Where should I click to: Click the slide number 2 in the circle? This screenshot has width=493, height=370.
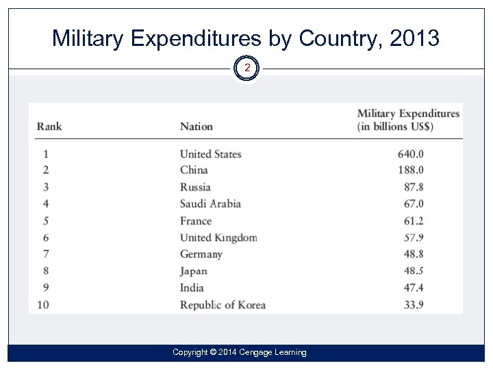click(x=247, y=69)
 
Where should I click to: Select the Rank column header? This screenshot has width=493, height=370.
click(x=49, y=126)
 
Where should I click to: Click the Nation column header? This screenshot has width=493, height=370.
click(x=196, y=126)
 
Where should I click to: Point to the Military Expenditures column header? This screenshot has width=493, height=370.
click(x=408, y=120)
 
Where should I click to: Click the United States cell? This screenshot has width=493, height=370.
click(x=210, y=154)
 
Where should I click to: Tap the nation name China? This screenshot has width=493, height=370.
click(x=194, y=170)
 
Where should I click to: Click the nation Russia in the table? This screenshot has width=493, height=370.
click(x=195, y=187)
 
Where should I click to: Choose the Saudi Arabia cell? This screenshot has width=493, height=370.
click(x=210, y=203)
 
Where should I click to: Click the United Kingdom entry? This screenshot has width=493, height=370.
click(x=218, y=238)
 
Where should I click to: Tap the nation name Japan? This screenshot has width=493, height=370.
click(x=193, y=271)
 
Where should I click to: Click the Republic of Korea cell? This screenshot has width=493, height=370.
click(x=223, y=305)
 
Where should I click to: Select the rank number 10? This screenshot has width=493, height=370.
click(x=43, y=305)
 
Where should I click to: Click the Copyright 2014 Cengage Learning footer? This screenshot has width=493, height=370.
click(x=239, y=352)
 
